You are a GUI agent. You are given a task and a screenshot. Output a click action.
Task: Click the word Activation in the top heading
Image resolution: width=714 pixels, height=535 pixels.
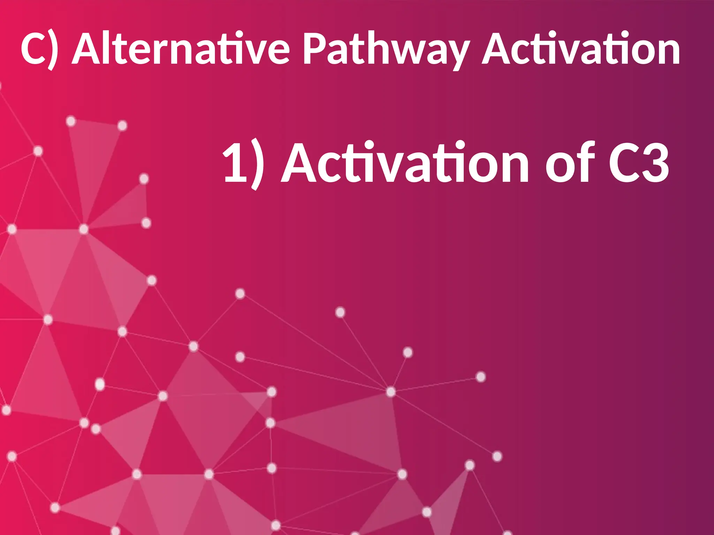tap(580, 49)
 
